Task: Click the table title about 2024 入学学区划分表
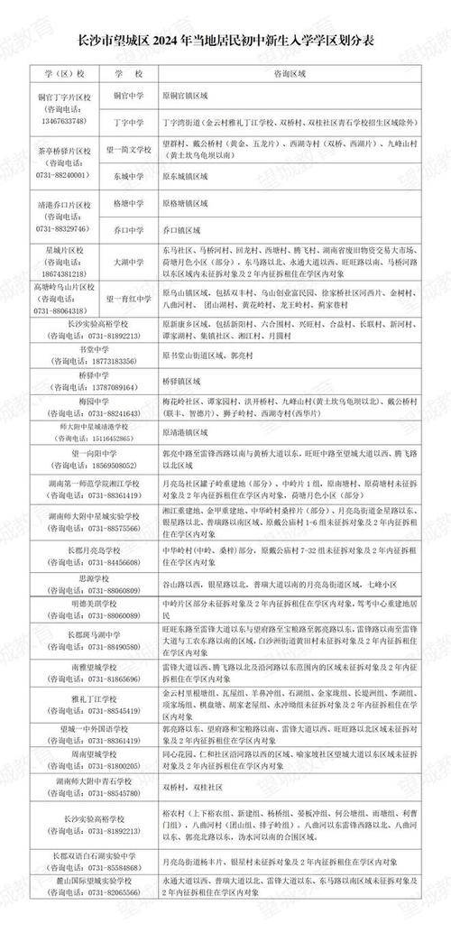[x=225, y=43]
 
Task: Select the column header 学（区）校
[x=62, y=70]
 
